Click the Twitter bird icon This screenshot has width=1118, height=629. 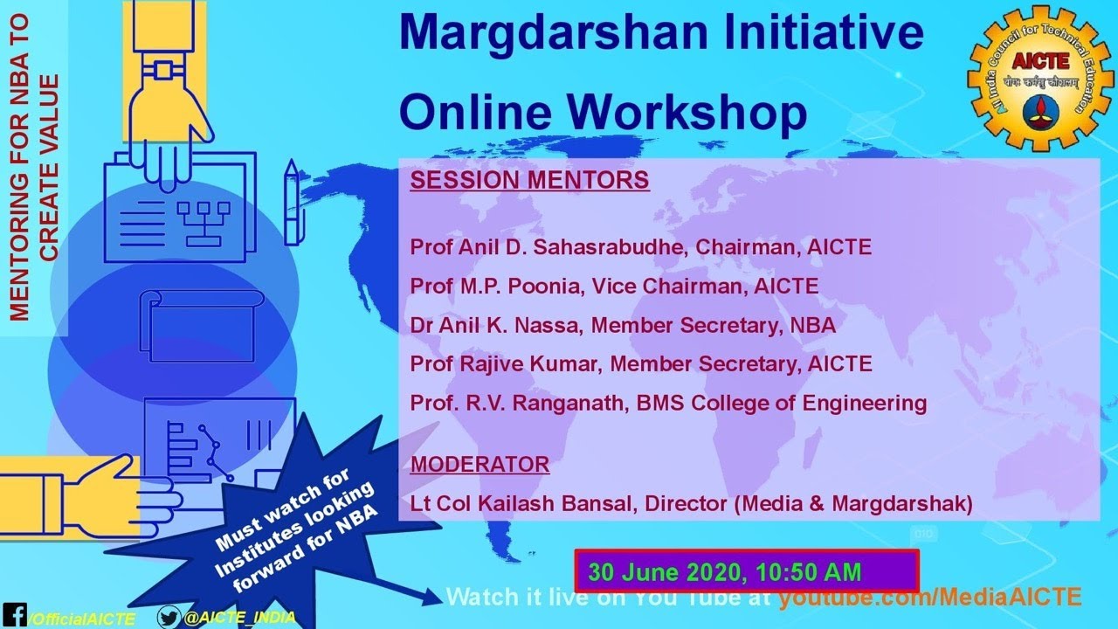point(169,617)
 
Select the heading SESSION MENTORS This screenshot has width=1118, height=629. point(529,181)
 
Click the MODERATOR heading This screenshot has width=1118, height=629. point(480,463)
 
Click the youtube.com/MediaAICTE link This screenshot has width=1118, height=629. point(929,598)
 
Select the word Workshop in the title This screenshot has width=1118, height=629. point(690,112)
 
